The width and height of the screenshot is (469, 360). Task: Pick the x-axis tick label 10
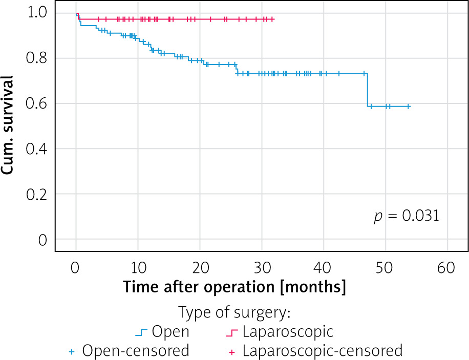pos(137,267)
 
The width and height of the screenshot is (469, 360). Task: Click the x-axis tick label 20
pos(199,267)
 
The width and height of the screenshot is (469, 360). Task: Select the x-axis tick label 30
pos(261,267)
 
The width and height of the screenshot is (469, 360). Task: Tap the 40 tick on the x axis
pos(323,267)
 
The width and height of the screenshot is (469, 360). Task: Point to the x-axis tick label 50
pos(385,267)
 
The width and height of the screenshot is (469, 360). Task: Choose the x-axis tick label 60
pos(447,267)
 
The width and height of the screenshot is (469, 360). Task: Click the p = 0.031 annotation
pos(406,216)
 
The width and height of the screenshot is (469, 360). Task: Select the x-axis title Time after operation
pos(234,287)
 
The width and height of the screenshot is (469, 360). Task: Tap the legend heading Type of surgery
pos(234,312)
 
